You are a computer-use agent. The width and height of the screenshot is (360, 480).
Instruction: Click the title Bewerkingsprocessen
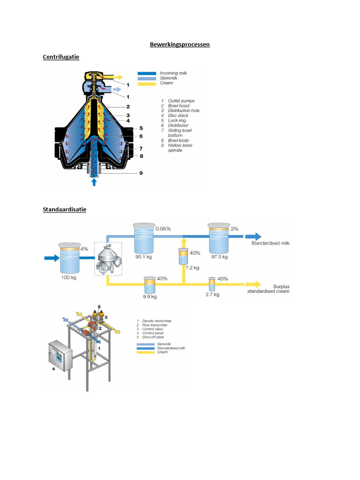coord(180,45)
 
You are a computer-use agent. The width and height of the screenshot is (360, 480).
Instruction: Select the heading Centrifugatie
coord(61,57)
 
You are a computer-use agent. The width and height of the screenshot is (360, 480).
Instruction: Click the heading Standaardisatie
coord(64,210)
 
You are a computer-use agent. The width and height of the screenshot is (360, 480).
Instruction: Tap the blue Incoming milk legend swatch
coord(147,74)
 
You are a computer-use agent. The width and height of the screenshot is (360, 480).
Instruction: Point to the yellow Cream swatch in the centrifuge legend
coord(147,83)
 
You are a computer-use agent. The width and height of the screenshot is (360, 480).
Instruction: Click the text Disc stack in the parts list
coord(178,115)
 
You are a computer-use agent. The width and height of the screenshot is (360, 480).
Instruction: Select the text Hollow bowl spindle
coord(180,148)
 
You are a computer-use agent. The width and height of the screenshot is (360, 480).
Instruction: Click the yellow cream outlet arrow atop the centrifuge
coord(118,77)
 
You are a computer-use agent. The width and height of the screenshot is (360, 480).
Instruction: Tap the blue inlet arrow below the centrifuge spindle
coord(94,181)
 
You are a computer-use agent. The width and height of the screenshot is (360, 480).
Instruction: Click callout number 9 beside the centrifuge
coord(141,173)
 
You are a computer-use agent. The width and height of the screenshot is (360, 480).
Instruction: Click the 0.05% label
coord(163,228)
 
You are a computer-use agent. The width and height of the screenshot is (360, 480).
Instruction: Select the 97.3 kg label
coord(219,257)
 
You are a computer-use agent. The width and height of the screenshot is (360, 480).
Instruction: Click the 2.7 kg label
coord(212,295)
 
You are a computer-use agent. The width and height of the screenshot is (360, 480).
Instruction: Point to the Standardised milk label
coord(271,244)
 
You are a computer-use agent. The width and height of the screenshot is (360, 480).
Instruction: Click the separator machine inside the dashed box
coord(107,260)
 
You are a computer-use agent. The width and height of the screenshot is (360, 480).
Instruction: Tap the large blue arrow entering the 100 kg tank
coord(50,258)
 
